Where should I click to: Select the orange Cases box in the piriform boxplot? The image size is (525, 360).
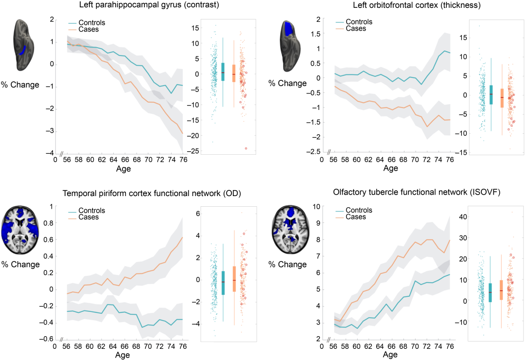(234, 279)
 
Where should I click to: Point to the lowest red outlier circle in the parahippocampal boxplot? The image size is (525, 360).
(246, 148)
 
